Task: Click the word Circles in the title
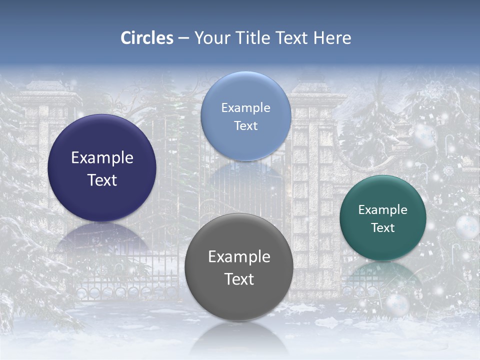(x=147, y=38)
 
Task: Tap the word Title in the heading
(x=254, y=38)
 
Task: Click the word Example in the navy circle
(x=102, y=158)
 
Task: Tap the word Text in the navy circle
(x=102, y=180)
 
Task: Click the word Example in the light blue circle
(x=246, y=108)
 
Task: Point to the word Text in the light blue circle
(x=246, y=126)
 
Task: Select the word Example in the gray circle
(x=239, y=257)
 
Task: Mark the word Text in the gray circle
(x=239, y=279)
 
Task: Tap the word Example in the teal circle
(x=383, y=210)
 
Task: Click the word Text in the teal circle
(x=383, y=228)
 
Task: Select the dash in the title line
(x=183, y=38)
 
